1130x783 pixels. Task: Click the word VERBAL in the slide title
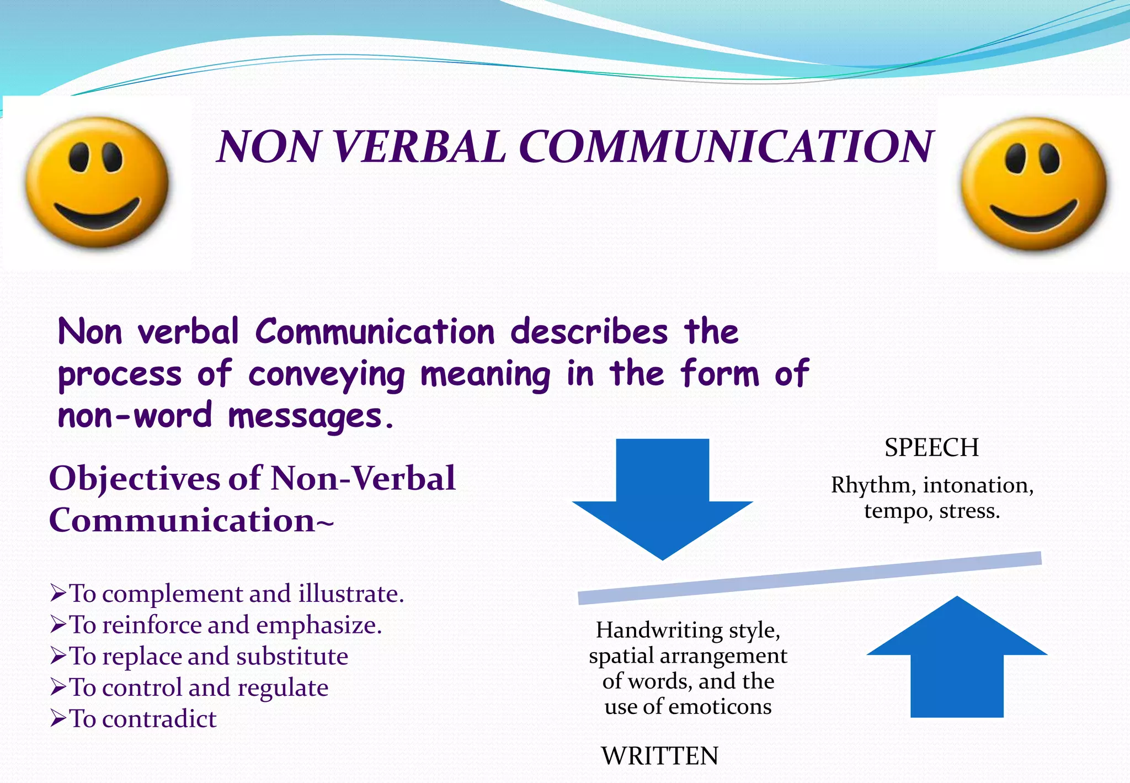click(x=419, y=147)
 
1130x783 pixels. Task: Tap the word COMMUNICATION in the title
click(x=726, y=147)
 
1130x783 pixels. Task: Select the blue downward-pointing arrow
click(x=662, y=497)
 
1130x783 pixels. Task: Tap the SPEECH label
click(x=931, y=447)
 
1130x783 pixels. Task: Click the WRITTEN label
click(x=660, y=756)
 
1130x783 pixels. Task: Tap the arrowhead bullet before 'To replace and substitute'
click(x=58, y=656)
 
